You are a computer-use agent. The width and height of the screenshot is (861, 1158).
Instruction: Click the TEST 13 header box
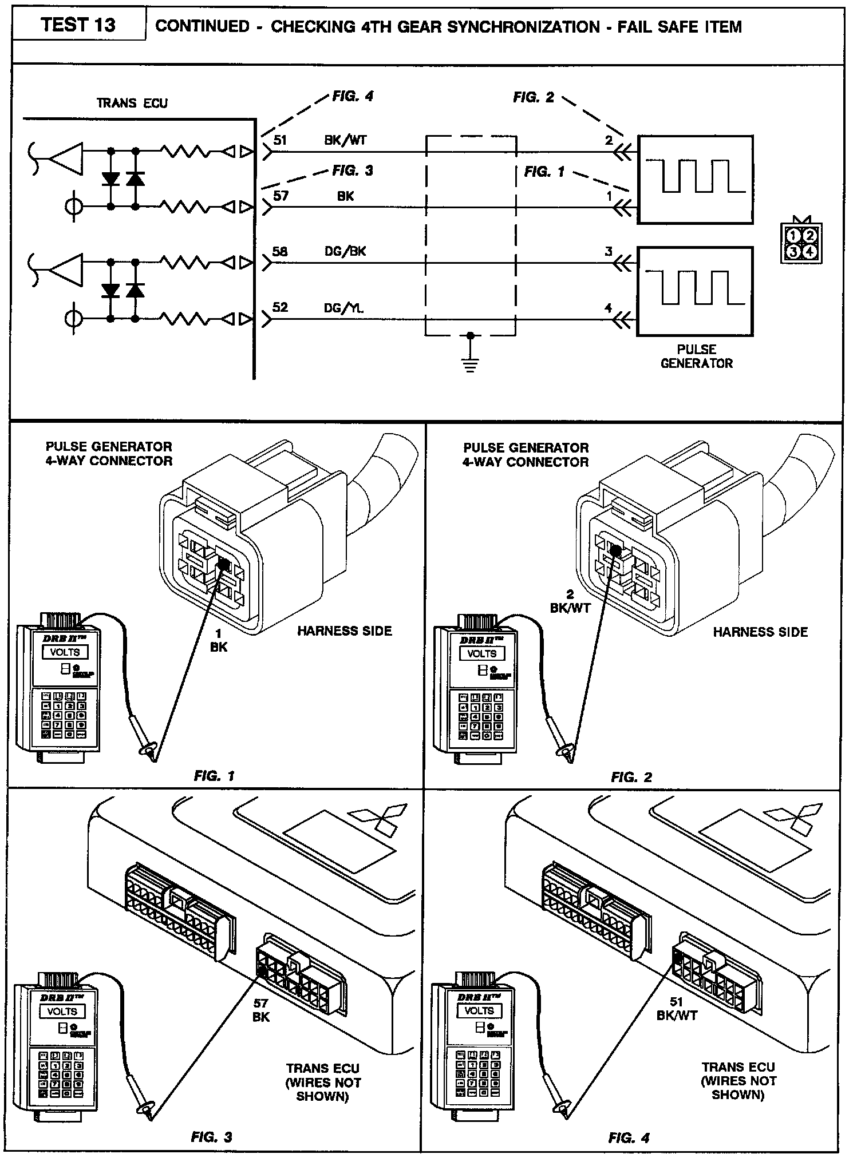click(78, 25)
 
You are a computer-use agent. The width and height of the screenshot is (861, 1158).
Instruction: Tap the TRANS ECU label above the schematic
click(132, 103)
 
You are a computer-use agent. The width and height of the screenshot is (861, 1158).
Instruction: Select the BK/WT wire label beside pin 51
click(345, 141)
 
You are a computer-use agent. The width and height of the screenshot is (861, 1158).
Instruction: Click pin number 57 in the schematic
click(281, 196)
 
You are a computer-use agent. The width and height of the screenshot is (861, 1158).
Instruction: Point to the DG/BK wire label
click(345, 251)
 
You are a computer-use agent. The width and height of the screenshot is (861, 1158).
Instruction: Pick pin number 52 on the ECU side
click(280, 307)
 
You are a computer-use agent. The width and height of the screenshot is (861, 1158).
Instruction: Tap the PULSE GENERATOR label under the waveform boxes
click(696, 356)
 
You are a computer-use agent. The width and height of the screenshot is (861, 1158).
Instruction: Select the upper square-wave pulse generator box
click(696, 179)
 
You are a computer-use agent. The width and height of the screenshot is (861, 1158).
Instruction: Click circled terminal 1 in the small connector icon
click(793, 235)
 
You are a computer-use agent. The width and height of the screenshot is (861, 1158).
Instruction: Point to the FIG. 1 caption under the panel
click(214, 776)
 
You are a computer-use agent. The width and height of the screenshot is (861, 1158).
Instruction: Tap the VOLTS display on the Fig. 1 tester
click(65, 652)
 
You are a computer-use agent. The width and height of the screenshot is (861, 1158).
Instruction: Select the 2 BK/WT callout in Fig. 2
click(570, 601)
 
